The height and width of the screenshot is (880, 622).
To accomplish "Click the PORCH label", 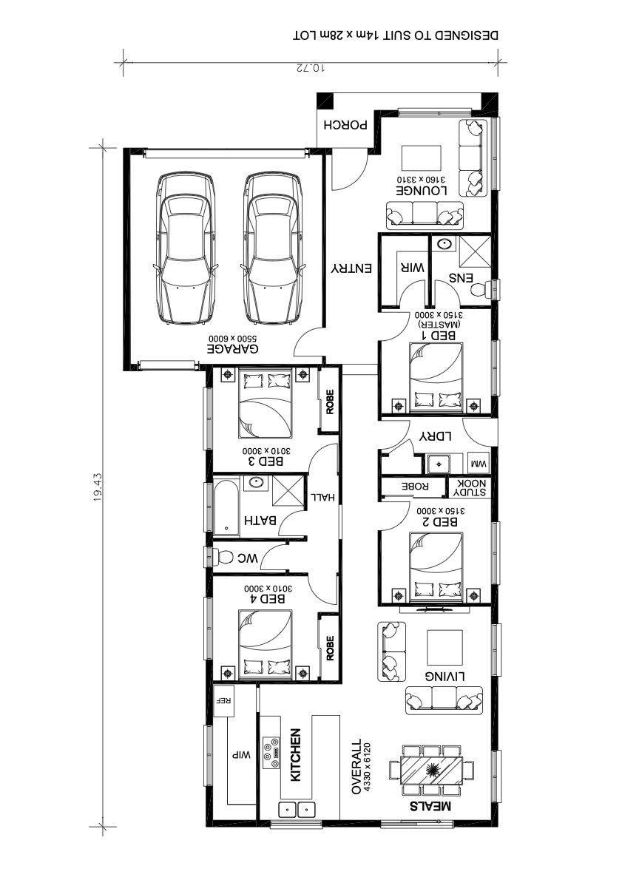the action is click(x=345, y=124).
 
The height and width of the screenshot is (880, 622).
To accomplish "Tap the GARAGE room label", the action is click(x=232, y=348).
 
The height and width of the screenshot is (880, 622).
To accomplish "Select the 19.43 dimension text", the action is click(x=98, y=487).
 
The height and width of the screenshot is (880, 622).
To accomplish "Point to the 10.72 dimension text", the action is click(x=311, y=69).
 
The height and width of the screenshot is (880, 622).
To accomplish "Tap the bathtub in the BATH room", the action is click(x=226, y=507).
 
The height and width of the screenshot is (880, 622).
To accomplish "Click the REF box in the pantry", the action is click(x=224, y=700).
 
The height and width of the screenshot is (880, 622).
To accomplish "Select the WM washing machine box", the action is click(x=479, y=464).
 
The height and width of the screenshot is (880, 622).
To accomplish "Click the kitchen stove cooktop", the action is click(x=271, y=753).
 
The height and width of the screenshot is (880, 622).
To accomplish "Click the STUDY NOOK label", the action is click(x=470, y=487).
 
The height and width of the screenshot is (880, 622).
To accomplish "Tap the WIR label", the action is click(x=413, y=267).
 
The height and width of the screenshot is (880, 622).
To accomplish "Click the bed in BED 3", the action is click(x=266, y=404).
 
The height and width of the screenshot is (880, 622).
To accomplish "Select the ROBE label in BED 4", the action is click(x=330, y=648).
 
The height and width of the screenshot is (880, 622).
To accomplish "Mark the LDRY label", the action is click(x=436, y=436).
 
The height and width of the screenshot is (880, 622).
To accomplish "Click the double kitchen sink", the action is click(x=297, y=810).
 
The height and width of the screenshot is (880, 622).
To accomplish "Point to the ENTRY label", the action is click(x=351, y=268).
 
